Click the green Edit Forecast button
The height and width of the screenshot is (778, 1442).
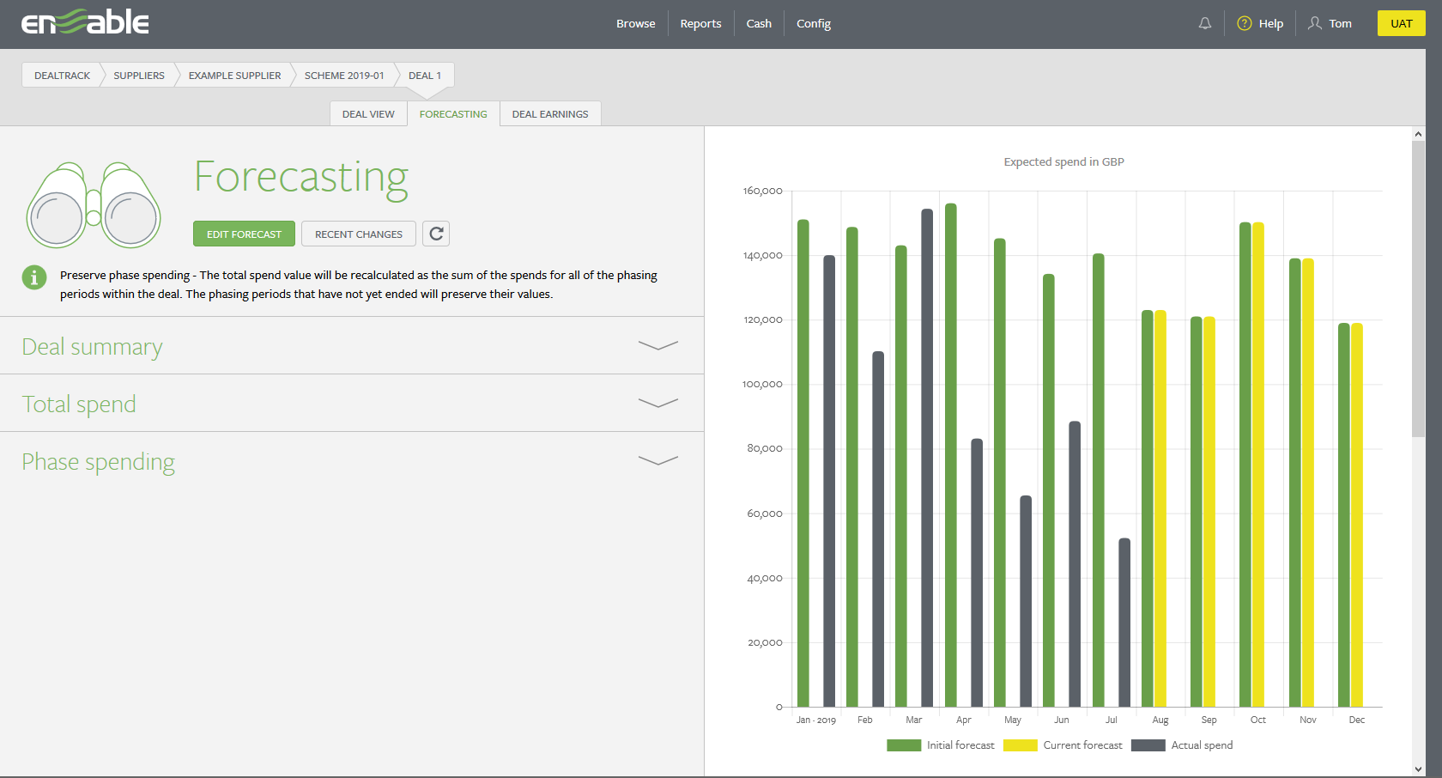coord(244,234)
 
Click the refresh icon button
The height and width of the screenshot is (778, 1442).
coord(436,234)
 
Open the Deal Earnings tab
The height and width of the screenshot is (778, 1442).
coord(549,114)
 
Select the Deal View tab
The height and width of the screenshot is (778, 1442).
coord(368,114)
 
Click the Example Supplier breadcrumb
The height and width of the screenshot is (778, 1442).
coord(234,76)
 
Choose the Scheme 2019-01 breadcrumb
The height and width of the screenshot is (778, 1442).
coord(344,76)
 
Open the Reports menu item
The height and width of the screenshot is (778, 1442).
coord(700,24)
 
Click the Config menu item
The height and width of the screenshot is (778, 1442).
coord(813,24)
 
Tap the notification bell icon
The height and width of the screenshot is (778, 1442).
coord(1205,24)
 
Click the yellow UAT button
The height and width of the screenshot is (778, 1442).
coord(1401,23)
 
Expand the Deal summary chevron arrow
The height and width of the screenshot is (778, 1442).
coord(657,346)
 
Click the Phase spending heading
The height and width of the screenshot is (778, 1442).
coord(99,462)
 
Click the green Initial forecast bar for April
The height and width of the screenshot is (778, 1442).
coord(951,455)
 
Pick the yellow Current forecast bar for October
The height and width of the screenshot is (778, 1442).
coord(1258,464)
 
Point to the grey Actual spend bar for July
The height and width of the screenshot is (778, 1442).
coord(1124,623)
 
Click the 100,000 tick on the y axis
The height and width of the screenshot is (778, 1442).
coord(762,385)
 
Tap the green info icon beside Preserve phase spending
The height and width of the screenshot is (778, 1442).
coord(34,277)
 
